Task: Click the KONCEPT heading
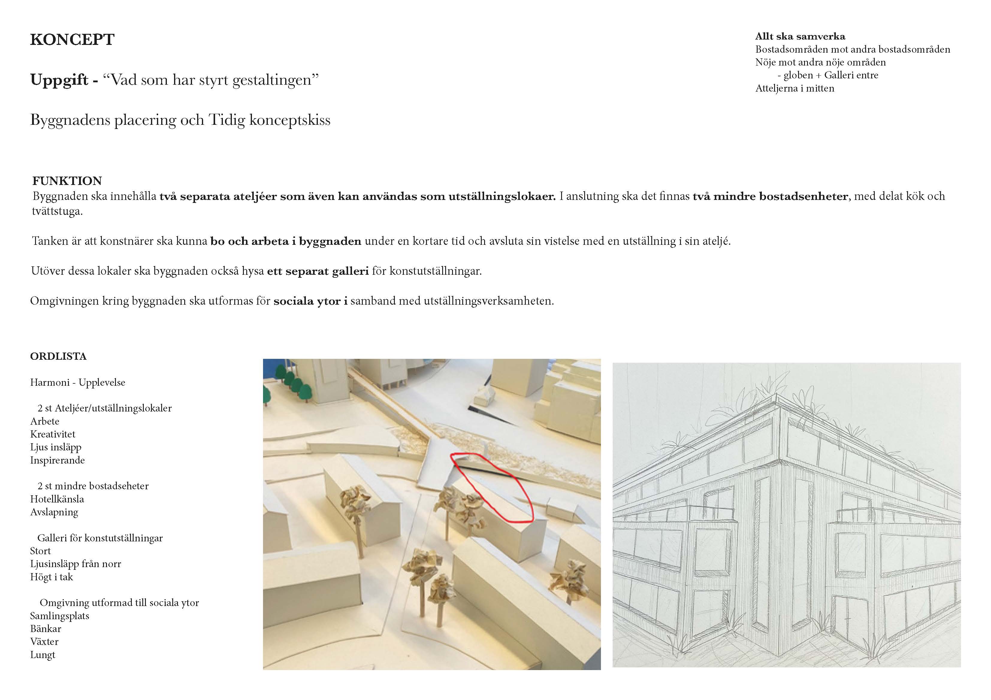pyautogui.click(x=72, y=40)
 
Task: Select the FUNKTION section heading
pyautogui.click(x=67, y=181)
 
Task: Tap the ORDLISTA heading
pyautogui.click(x=58, y=356)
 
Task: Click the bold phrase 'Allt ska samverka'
pyautogui.click(x=800, y=37)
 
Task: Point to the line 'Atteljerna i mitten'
pyautogui.click(x=794, y=88)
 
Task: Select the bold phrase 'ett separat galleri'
pyautogui.click(x=318, y=271)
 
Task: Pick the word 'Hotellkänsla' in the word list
pyautogui.click(x=57, y=499)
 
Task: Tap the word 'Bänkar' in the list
pyautogui.click(x=46, y=629)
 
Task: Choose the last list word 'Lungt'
pyautogui.click(x=43, y=655)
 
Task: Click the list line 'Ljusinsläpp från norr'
pyautogui.click(x=75, y=564)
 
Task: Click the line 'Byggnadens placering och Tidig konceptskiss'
pyautogui.click(x=180, y=120)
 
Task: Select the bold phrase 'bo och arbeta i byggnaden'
pyautogui.click(x=286, y=241)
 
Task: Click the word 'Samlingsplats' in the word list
pyautogui.click(x=60, y=616)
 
